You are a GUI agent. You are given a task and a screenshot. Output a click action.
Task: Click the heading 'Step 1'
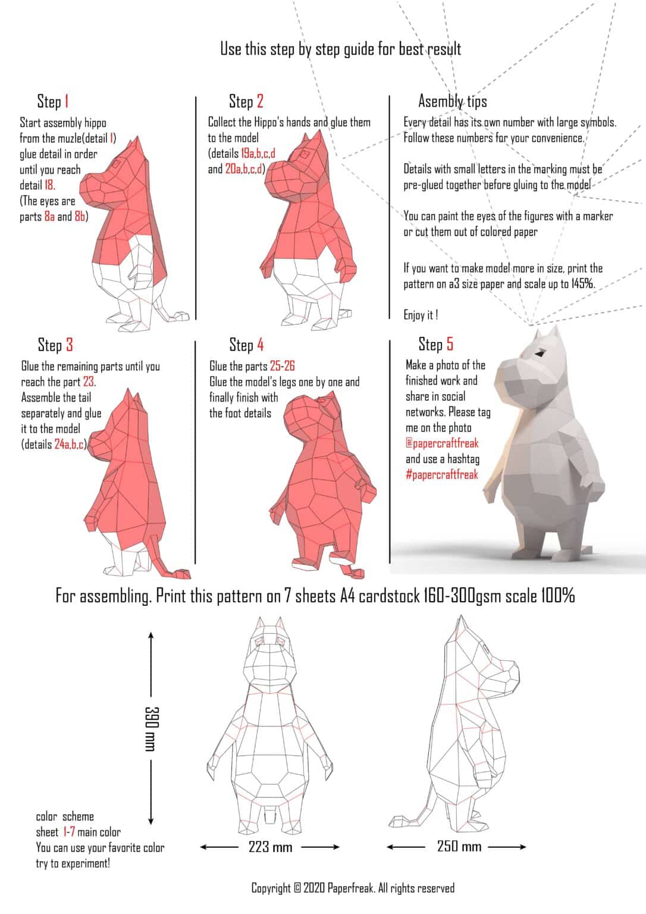53,101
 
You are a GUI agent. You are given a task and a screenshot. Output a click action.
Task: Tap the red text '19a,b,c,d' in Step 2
258,154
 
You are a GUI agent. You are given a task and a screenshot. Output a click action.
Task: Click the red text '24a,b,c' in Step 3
70,445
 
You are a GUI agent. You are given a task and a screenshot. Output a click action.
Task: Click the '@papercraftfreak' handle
441,443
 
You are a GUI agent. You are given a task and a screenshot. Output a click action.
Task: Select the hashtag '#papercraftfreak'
441,475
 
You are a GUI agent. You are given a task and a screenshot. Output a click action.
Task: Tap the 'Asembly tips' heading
452,101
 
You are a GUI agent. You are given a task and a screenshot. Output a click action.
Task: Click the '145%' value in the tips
582,284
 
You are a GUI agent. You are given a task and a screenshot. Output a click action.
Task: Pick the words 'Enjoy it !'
421,315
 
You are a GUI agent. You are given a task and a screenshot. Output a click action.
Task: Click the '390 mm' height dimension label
151,728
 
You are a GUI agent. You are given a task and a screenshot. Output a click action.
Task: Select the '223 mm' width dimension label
270,847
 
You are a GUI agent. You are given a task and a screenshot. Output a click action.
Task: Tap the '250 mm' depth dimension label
459,846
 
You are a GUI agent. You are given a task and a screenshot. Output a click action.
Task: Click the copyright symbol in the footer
297,888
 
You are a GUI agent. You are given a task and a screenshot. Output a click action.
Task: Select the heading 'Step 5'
435,344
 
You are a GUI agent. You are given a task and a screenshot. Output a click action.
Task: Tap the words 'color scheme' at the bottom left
65,816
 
